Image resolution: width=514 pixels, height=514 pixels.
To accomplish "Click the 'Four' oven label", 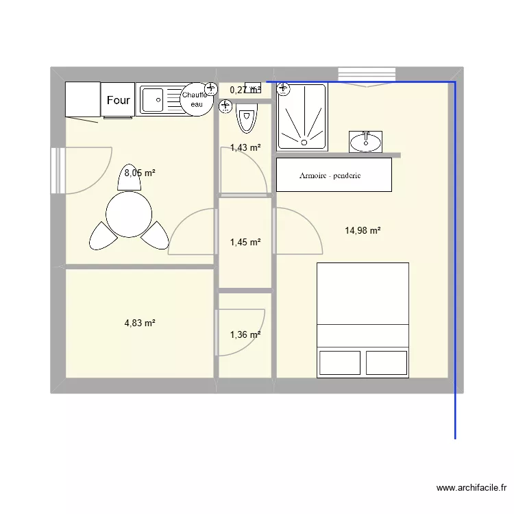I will (118, 100).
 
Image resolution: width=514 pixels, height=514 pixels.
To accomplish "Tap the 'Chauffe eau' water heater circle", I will (197, 99).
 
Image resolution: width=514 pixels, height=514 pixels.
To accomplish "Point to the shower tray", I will (302, 117).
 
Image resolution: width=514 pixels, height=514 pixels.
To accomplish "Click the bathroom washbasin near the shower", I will (365, 141).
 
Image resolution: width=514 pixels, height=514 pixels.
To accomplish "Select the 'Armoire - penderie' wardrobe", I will (334, 175).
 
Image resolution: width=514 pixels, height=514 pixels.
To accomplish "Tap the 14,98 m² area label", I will (363, 231).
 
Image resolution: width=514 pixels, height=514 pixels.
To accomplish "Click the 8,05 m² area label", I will (139, 173).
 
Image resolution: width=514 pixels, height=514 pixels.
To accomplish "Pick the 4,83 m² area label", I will (139, 322).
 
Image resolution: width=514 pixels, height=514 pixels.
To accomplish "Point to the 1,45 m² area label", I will (245, 242).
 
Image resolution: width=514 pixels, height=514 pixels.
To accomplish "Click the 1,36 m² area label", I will (245, 335).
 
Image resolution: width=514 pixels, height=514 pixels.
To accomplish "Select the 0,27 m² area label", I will (245, 90).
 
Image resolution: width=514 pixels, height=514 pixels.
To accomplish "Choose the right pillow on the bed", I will (387, 363).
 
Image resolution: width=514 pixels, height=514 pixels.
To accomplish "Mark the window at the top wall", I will (367, 74).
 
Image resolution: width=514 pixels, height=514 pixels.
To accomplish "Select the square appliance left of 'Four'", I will (82, 100).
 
